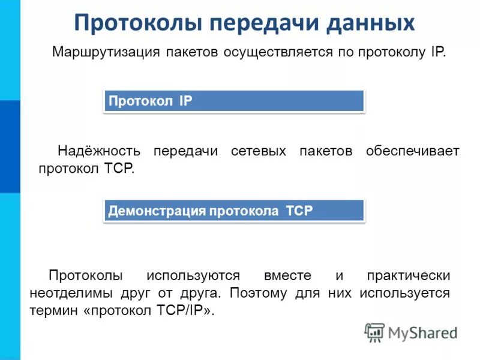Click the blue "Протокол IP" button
coord(234,101)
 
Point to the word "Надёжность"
coord(99,151)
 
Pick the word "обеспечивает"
coord(412,151)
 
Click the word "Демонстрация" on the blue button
coord(156,211)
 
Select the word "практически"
coord(408,276)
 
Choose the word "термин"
coord(51,311)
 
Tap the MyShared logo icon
coord(374,332)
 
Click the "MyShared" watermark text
coord(422,332)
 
